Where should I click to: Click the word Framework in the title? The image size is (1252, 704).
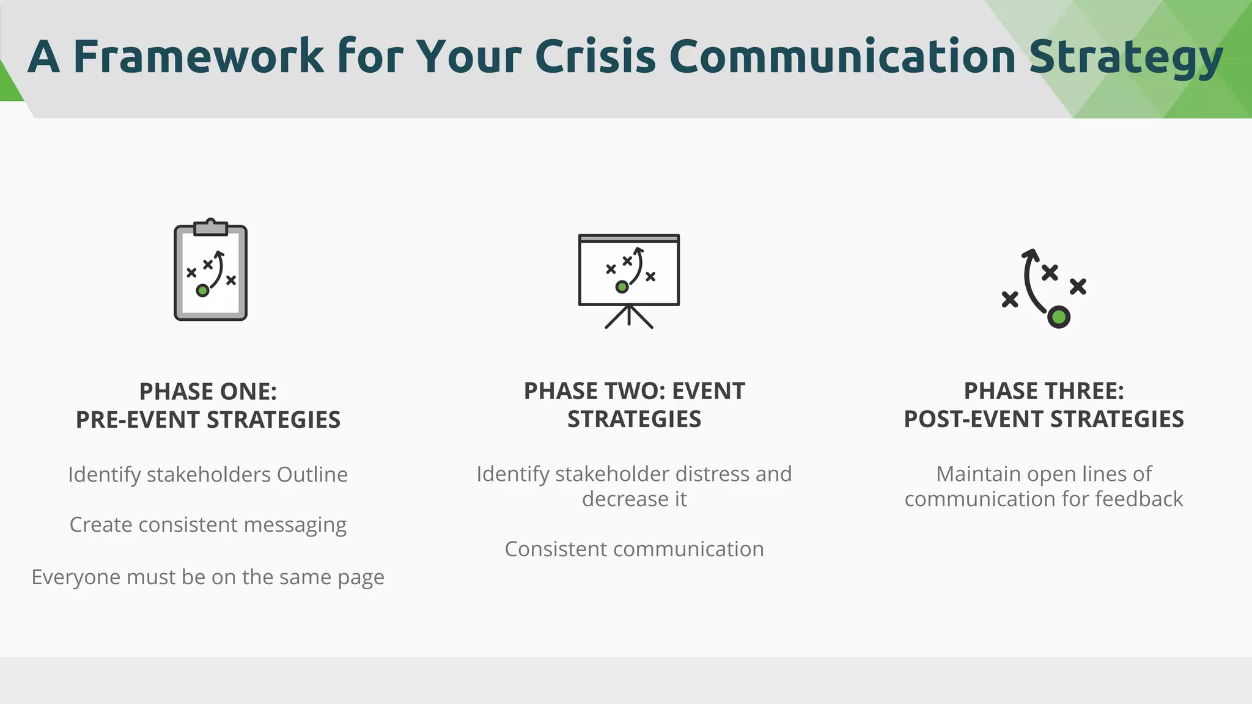coord(199,56)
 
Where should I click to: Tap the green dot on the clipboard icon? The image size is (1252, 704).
coord(202,291)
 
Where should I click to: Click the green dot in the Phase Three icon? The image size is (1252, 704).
coord(1058,317)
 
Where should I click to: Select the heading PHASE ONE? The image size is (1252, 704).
coord(208,392)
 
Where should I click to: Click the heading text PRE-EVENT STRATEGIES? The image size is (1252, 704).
coord(208,420)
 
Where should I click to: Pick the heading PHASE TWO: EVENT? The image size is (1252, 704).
coord(635,391)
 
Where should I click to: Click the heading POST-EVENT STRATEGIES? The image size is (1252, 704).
coord(1044,419)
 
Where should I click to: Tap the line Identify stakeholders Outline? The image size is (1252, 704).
coord(208,475)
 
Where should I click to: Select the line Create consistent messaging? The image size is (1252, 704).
coord(208,525)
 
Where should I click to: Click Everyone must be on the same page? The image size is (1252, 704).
coord(208,577)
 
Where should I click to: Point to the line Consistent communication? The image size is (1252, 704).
coord(635,549)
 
